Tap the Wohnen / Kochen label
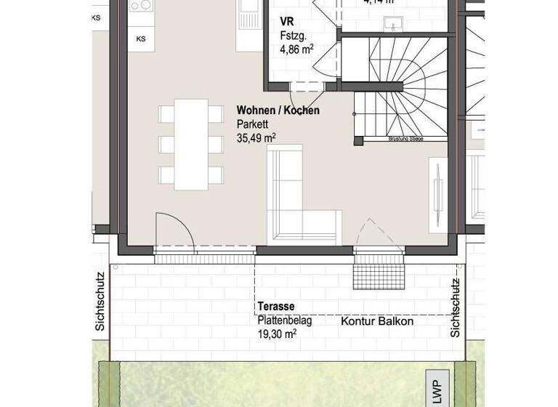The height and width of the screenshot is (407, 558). click(x=278, y=110)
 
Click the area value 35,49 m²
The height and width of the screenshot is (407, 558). click(x=256, y=137)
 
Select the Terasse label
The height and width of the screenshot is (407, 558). click(x=276, y=307)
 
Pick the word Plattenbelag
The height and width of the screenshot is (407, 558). click(x=284, y=321)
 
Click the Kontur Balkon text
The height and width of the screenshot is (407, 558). click(x=377, y=321)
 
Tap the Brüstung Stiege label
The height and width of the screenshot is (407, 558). click(x=406, y=138)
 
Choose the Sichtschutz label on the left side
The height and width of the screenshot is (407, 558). click(x=100, y=302)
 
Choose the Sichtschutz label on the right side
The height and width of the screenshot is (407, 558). click(x=456, y=308)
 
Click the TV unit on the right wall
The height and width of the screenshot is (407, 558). click(x=439, y=193)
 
